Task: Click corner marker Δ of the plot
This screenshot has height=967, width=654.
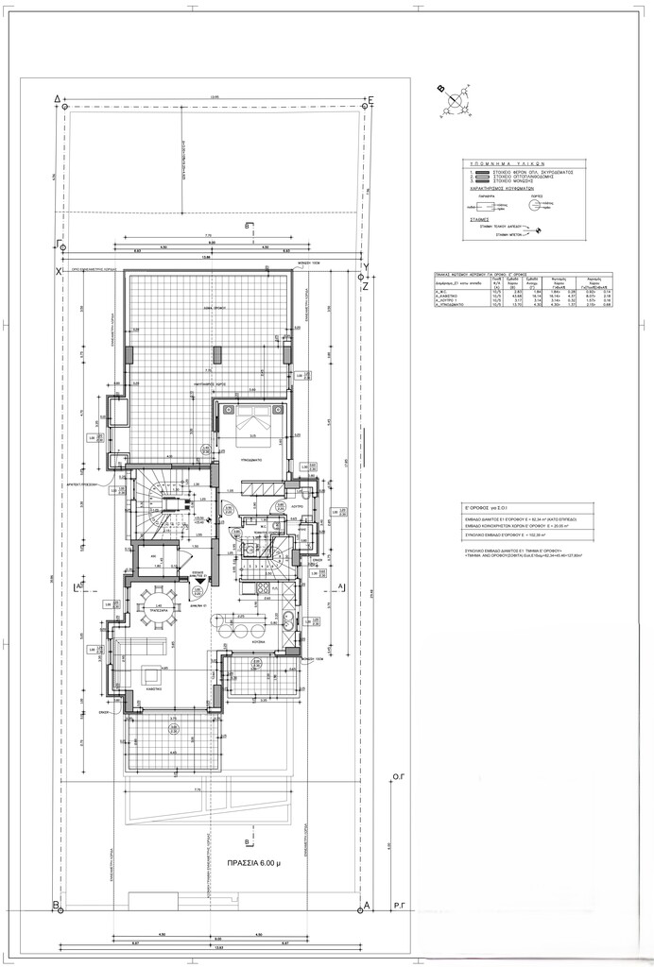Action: [x=59, y=98]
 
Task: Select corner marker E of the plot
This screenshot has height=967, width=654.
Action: [x=372, y=99]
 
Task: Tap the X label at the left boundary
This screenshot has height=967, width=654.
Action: [x=58, y=272]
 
